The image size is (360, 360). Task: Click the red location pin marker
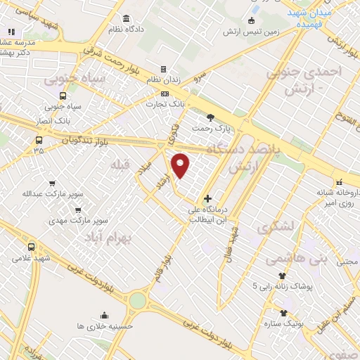[x=181, y=165]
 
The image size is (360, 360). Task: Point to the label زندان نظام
[x=163, y=81]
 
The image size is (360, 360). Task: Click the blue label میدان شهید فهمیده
[x=315, y=18]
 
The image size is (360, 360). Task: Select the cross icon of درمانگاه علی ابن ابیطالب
[x=207, y=198]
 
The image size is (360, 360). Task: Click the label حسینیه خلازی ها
[x=105, y=327]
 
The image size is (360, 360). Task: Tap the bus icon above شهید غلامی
[x=31, y=247]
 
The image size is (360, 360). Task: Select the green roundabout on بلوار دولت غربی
[x=137, y=301]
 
